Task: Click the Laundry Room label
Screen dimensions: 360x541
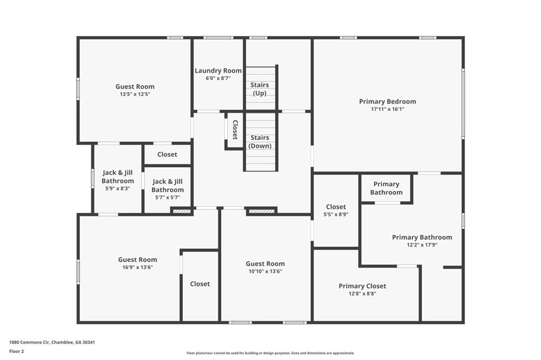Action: click(218, 71)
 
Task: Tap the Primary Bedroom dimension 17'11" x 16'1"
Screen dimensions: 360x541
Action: click(387, 109)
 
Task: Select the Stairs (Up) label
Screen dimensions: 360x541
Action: click(259, 89)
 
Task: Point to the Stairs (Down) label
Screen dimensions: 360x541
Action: click(260, 141)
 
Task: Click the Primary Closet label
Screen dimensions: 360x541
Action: click(362, 286)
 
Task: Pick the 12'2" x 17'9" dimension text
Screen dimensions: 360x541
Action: click(422, 245)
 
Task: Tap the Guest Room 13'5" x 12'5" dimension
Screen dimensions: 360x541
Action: click(135, 94)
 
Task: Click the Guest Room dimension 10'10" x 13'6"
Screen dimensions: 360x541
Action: click(265, 271)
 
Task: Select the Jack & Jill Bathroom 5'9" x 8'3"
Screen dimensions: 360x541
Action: click(118, 188)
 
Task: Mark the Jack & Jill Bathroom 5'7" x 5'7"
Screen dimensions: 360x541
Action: click(167, 197)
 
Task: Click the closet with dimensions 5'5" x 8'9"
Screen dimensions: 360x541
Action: click(336, 214)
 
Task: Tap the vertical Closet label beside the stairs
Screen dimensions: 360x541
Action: click(235, 129)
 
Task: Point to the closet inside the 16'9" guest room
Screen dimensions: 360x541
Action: click(200, 284)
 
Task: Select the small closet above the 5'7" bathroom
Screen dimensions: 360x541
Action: click(167, 154)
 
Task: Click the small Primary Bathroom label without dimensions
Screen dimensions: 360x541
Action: click(386, 188)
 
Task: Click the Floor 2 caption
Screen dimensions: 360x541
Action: click(16, 351)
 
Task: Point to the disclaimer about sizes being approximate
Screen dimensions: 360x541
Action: click(270, 353)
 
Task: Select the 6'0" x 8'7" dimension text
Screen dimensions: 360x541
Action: click(218, 78)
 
